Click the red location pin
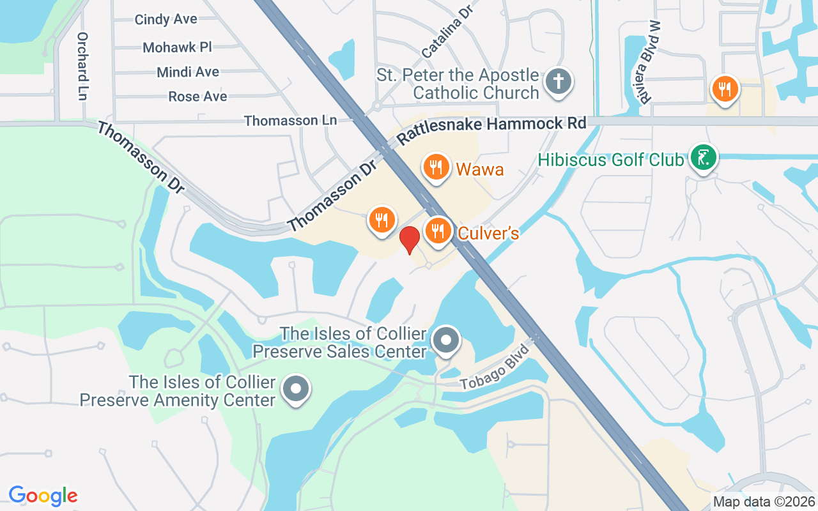click(x=409, y=239)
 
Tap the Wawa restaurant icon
click(x=436, y=167)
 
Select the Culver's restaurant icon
click(x=438, y=231)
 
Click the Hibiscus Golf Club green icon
click(x=703, y=156)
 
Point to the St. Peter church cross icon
click(x=558, y=82)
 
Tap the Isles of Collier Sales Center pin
click(x=446, y=340)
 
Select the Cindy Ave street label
click(x=166, y=20)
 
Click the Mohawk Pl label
click(x=177, y=47)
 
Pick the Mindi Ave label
click(x=188, y=72)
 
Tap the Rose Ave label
click(x=197, y=96)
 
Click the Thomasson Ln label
click(x=290, y=121)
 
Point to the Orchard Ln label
click(x=82, y=66)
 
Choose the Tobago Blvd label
click(x=496, y=368)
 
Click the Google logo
click(x=43, y=495)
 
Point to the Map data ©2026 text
click(x=764, y=502)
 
